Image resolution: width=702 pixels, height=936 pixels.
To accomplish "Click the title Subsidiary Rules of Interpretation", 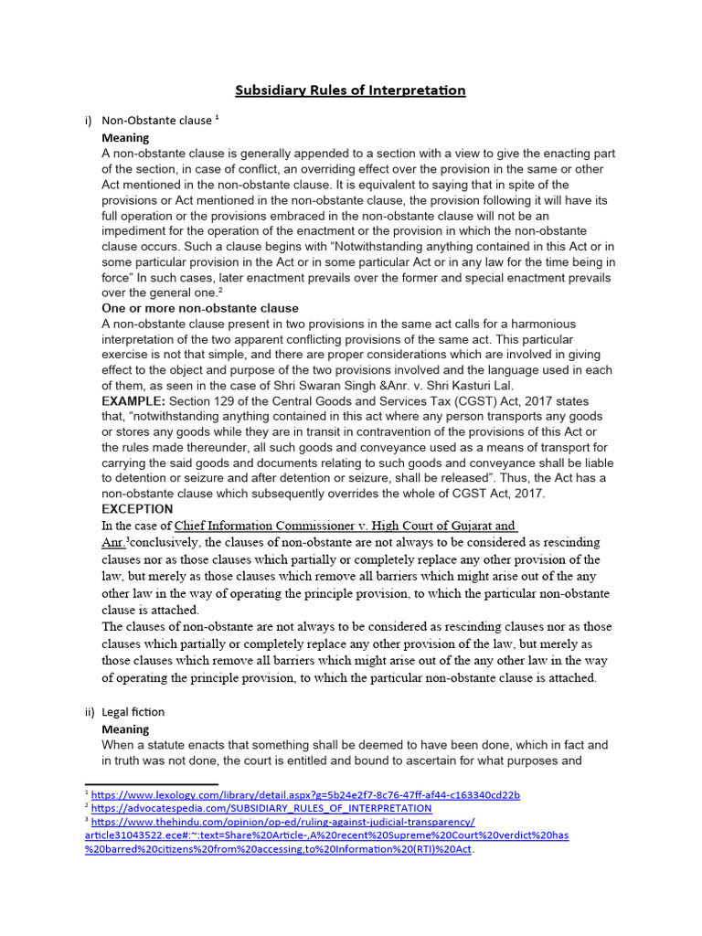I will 350,90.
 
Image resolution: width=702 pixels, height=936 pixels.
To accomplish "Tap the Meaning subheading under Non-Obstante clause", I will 125,137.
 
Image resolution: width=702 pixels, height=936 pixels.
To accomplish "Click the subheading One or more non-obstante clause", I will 200,308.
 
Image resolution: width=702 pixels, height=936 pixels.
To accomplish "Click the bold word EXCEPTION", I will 137,508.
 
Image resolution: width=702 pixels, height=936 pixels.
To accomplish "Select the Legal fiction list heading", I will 133,712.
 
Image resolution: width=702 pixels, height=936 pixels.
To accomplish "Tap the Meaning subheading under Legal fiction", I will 125,729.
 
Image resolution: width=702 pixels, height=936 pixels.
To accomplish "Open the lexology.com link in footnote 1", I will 305,795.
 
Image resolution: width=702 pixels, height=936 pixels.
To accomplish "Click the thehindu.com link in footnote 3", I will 283,823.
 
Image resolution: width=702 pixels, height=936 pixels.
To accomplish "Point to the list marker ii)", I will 90,712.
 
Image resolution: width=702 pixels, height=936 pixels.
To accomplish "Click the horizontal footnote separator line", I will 151,784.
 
